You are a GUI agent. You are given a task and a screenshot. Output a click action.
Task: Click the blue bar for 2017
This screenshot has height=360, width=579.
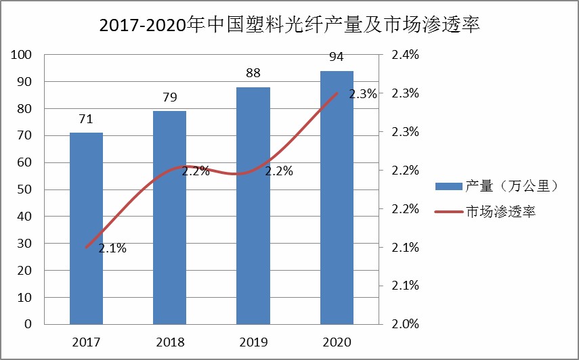(x=86, y=228)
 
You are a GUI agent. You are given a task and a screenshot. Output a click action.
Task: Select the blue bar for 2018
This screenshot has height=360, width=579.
(x=169, y=217)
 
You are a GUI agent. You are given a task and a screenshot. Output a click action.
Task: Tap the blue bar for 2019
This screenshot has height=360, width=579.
(x=253, y=205)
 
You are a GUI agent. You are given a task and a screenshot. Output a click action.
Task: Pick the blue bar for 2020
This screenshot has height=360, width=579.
(x=337, y=197)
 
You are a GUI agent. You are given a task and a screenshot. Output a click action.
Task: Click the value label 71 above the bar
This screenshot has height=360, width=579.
(x=86, y=119)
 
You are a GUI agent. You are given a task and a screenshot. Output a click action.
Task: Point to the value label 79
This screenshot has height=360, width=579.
(x=169, y=97)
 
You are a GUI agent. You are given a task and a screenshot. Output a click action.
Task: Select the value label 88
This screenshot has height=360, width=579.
(x=253, y=73)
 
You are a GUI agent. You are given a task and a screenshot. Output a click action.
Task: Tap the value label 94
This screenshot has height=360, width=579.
(x=337, y=56)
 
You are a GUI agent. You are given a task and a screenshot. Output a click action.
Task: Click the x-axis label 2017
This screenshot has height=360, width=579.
(x=86, y=341)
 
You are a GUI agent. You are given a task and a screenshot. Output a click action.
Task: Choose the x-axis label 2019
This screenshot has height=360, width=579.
(x=253, y=341)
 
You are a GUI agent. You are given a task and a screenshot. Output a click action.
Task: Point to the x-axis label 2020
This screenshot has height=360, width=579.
(x=337, y=341)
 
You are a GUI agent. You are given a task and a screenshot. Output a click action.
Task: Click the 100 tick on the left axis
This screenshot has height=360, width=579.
(x=22, y=55)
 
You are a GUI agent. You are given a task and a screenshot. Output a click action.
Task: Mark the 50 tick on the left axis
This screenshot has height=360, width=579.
(x=25, y=189)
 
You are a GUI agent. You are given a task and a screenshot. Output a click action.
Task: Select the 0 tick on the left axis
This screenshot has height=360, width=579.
(x=28, y=324)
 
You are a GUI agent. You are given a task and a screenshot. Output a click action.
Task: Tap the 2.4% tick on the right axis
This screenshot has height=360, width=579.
(x=406, y=55)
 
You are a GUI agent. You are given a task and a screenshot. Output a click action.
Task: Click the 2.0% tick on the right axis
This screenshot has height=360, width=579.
(x=406, y=324)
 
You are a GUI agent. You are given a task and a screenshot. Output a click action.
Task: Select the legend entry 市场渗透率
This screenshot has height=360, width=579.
(x=501, y=212)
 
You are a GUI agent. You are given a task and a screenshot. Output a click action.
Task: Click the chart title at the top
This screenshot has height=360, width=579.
(x=289, y=26)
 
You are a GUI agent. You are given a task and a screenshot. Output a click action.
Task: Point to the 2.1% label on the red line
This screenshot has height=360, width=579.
(x=112, y=248)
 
